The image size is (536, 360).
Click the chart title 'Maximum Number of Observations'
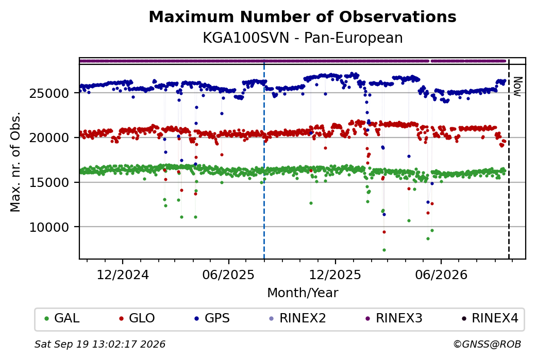point(303,16)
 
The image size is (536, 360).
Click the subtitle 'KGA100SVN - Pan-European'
point(303,38)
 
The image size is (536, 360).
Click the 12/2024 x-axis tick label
point(123,275)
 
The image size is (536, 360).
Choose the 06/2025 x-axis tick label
point(228,275)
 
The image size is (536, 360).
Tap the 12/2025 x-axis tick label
point(335,275)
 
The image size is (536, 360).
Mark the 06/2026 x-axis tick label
point(441,275)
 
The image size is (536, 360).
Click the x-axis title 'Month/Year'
point(303,293)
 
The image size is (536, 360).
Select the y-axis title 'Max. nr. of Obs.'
point(15,162)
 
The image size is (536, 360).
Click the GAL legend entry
point(62,318)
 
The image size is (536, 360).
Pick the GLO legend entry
point(137,318)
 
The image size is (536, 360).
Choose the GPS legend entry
point(212,318)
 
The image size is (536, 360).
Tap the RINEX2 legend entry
point(298,318)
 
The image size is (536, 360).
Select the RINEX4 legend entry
point(490,318)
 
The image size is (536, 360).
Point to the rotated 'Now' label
point(518,87)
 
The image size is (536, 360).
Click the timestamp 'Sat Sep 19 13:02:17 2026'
point(100,344)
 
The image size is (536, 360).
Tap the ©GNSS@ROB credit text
point(487,344)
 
